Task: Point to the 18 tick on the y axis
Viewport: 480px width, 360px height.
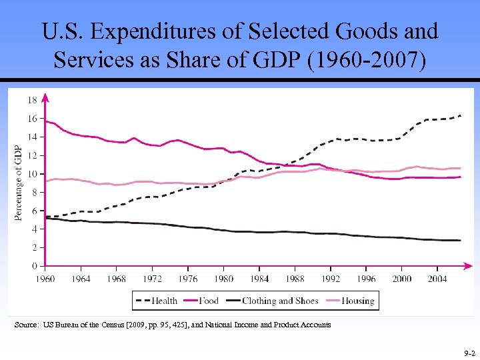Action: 31,100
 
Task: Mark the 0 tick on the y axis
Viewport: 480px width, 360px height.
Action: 33,266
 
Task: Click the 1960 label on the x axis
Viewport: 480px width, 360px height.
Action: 45,279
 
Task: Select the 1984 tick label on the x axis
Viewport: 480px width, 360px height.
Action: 260,279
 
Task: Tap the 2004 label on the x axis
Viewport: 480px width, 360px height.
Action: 437,279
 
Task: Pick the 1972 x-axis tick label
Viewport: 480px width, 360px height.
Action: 152,279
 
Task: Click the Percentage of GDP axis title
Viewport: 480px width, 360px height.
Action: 18,183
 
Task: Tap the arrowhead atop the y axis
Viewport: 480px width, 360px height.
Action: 45,97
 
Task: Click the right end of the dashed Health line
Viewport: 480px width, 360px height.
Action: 461,115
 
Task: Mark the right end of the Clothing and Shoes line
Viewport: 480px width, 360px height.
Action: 460,240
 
